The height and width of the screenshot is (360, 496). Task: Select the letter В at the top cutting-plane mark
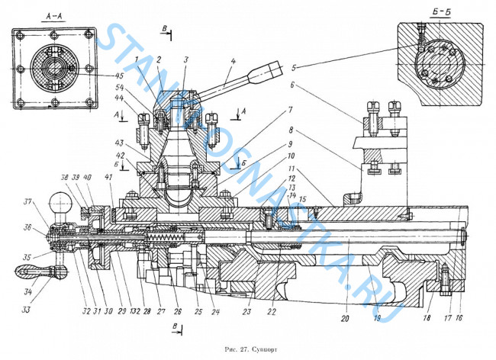165,28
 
